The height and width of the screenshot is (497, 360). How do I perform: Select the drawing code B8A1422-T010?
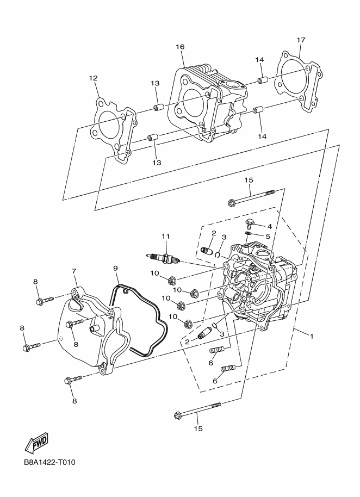tap(49, 463)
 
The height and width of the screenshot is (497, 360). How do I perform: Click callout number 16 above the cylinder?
tap(181, 47)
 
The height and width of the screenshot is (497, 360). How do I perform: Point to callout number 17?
tap(301, 40)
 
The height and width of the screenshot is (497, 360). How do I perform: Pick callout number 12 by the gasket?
tap(93, 78)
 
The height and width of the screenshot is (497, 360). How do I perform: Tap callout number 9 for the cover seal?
tap(115, 268)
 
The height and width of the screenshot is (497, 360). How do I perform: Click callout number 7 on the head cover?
tap(73, 271)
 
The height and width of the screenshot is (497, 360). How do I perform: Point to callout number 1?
tap(312, 337)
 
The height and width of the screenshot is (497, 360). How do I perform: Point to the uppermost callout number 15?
tap(249, 180)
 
